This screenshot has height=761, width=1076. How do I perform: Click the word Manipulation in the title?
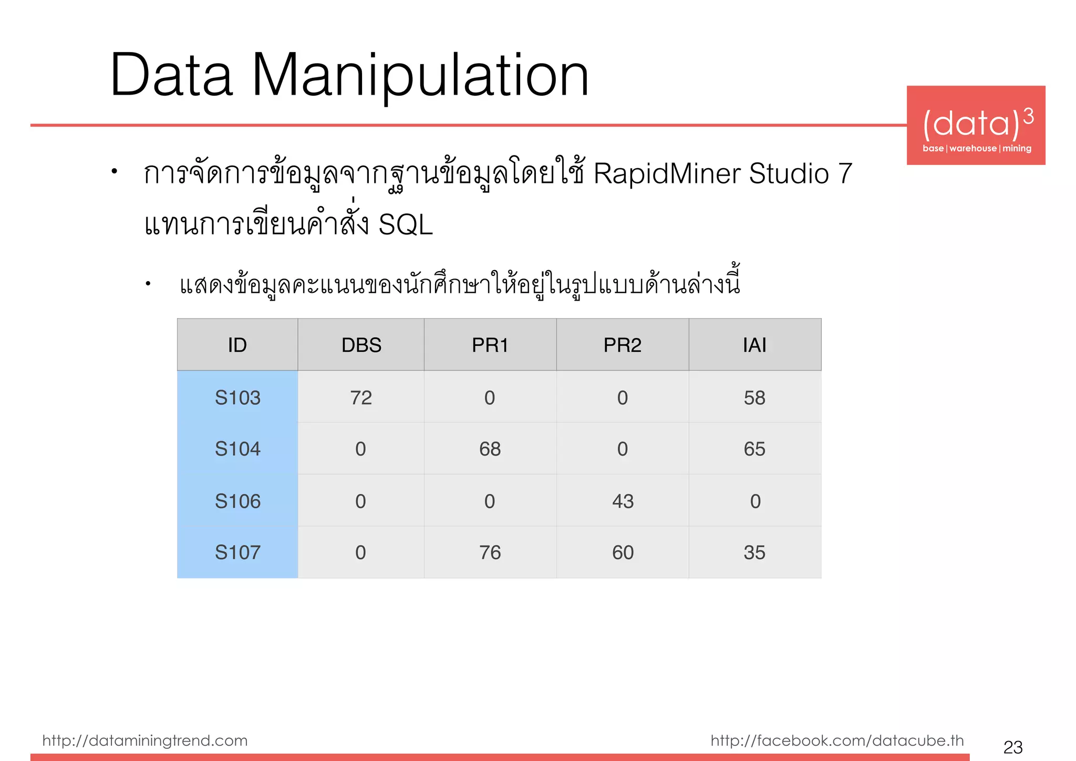point(420,76)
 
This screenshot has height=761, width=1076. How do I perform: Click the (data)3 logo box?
point(976,126)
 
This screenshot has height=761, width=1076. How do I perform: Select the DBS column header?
point(361,345)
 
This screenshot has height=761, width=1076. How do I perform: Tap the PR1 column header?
point(490,345)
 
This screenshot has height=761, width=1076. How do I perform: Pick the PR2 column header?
point(623,345)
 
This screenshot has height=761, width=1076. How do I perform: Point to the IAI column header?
point(754,345)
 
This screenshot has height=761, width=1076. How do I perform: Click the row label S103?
point(237,398)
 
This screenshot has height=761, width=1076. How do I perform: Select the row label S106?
point(237,501)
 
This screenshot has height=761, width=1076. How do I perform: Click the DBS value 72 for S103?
point(361,398)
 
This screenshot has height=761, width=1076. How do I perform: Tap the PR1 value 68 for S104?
point(490,449)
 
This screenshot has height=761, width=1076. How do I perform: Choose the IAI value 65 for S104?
point(754,449)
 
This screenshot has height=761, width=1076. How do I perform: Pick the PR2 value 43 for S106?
point(623,501)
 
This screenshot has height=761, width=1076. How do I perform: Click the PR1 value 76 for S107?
point(490,553)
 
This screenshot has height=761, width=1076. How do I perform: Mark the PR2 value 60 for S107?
point(623,553)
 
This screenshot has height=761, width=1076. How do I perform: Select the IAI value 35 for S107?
point(754,553)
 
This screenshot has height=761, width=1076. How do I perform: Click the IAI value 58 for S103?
point(754,398)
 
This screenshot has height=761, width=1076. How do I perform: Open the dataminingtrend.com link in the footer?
point(145,741)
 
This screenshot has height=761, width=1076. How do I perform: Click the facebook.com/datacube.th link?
point(837,741)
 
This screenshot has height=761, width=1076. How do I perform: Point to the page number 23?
point(1013,747)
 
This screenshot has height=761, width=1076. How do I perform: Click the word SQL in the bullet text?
point(406,225)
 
